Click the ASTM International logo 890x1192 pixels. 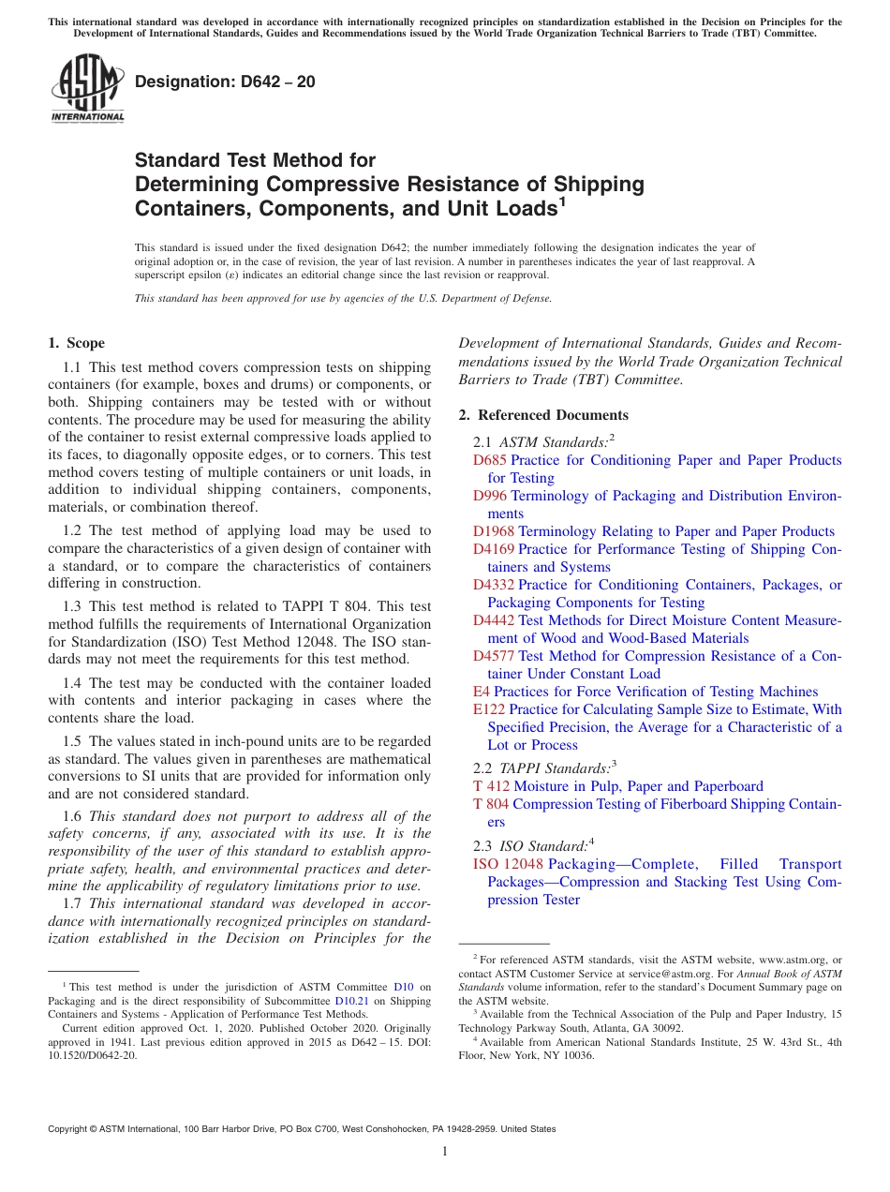[x=87, y=90]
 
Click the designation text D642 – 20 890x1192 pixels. [x=225, y=82]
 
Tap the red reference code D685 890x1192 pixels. [x=489, y=460]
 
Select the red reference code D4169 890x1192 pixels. [x=493, y=549]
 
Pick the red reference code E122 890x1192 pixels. [x=489, y=709]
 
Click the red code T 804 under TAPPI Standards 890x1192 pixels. [x=491, y=804]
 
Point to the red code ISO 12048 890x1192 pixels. [x=508, y=864]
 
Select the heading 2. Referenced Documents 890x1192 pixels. [x=543, y=415]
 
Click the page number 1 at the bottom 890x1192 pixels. [x=445, y=1152]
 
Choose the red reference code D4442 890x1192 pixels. [x=493, y=620]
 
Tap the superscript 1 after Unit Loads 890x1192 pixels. [x=562, y=201]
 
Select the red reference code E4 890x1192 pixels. [x=482, y=692]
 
